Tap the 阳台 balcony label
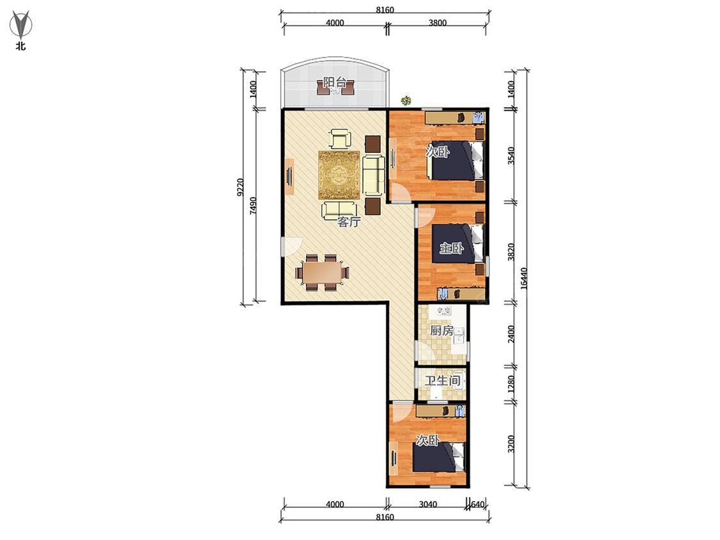click(334, 83)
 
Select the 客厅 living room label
click(349, 222)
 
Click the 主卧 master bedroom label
click(451, 248)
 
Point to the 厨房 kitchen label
click(441, 330)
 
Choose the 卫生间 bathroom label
click(442, 381)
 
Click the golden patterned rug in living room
click(339, 175)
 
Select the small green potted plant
click(406, 100)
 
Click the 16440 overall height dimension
click(524, 278)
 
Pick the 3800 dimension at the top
click(437, 23)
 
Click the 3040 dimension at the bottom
click(428, 504)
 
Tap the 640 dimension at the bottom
click(477, 504)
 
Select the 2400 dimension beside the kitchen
click(511, 334)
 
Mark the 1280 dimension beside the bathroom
click(511, 385)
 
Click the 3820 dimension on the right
click(511, 251)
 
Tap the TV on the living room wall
click(289, 177)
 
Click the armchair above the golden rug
click(340, 138)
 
